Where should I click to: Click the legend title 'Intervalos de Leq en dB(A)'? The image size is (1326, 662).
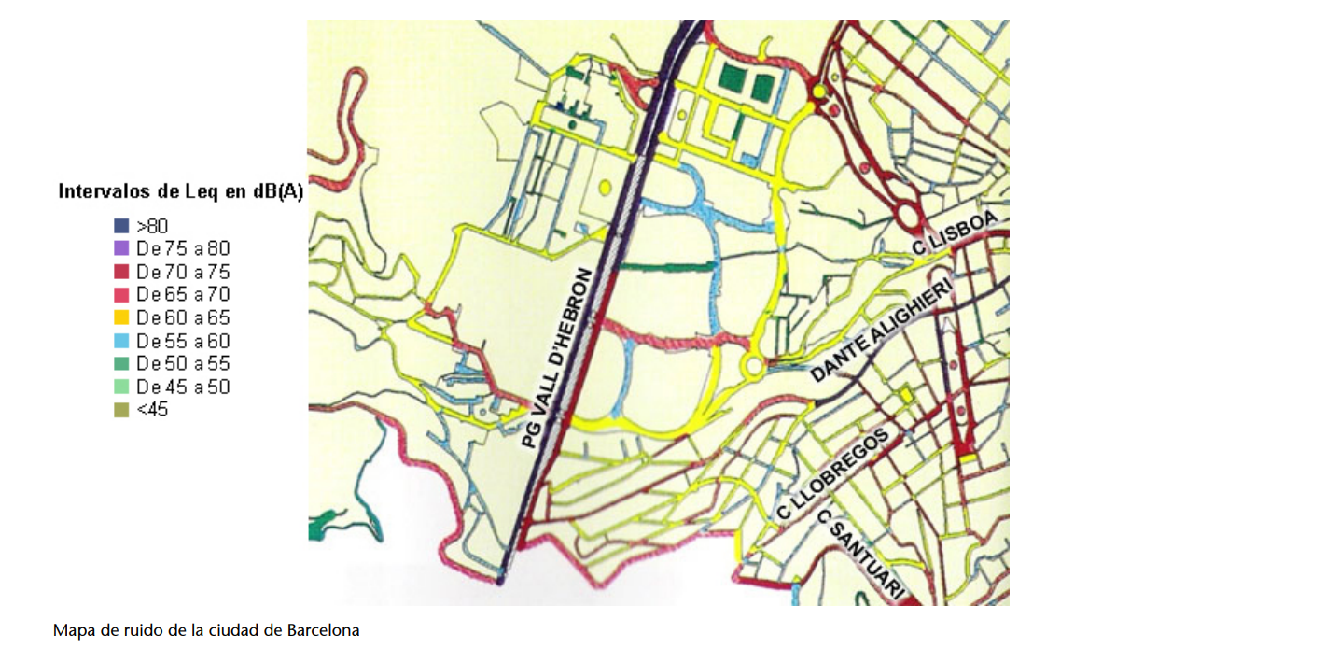coord(180,192)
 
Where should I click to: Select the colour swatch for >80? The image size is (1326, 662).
coord(121,226)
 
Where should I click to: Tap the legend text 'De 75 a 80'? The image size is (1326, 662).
coord(182,248)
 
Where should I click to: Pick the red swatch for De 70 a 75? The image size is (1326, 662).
coord(121,272)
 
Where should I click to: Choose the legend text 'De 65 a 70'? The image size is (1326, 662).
coord(182,295)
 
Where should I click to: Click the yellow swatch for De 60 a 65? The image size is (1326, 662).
coord(121,317)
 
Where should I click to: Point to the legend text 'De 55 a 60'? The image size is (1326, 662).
coord(182,341)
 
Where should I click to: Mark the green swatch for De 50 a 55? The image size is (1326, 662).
coord(121,363)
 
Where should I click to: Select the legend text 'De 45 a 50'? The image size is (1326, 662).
coord(182,387)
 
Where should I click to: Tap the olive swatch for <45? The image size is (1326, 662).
coord(121,409)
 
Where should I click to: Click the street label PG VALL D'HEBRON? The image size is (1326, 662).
coord(557,358)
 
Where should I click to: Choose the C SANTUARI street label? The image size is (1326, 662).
coord(860,554)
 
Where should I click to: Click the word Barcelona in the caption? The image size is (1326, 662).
coord(323,630)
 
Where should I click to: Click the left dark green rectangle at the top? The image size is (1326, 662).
coord(734,84)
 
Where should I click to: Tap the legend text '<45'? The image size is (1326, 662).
coord(152,409)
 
